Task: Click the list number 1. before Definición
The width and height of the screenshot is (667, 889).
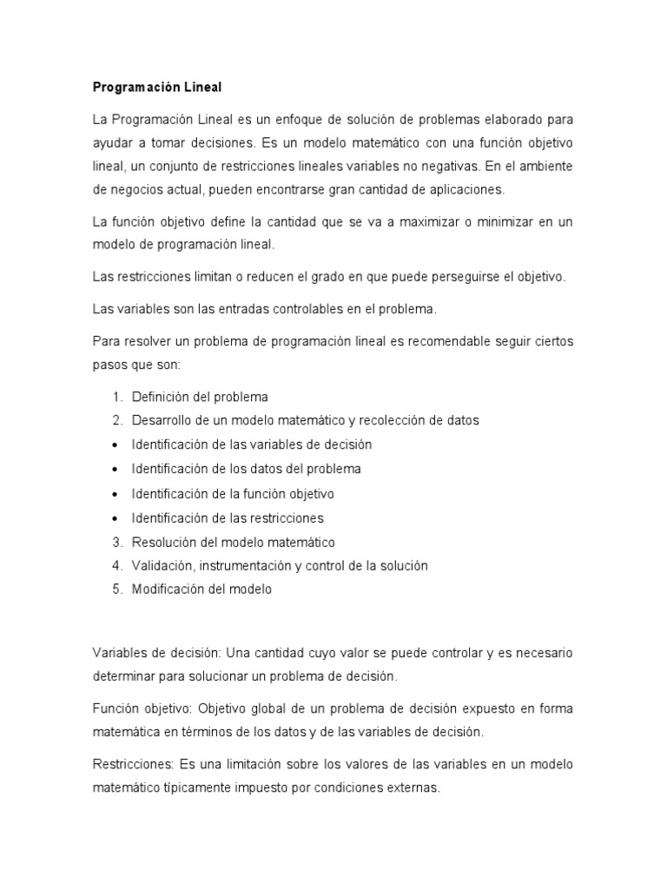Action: point(117,397)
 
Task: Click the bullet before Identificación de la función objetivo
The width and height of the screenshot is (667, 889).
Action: point(116,494)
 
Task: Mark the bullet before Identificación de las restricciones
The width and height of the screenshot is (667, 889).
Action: point(116,518)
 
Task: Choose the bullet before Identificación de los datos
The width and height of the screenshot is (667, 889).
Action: point(116,470)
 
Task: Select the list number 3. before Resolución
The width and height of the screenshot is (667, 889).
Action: point(117,542)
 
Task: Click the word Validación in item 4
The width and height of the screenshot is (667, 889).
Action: point(162,566)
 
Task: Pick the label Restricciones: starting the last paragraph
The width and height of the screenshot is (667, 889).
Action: point(132,765)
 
